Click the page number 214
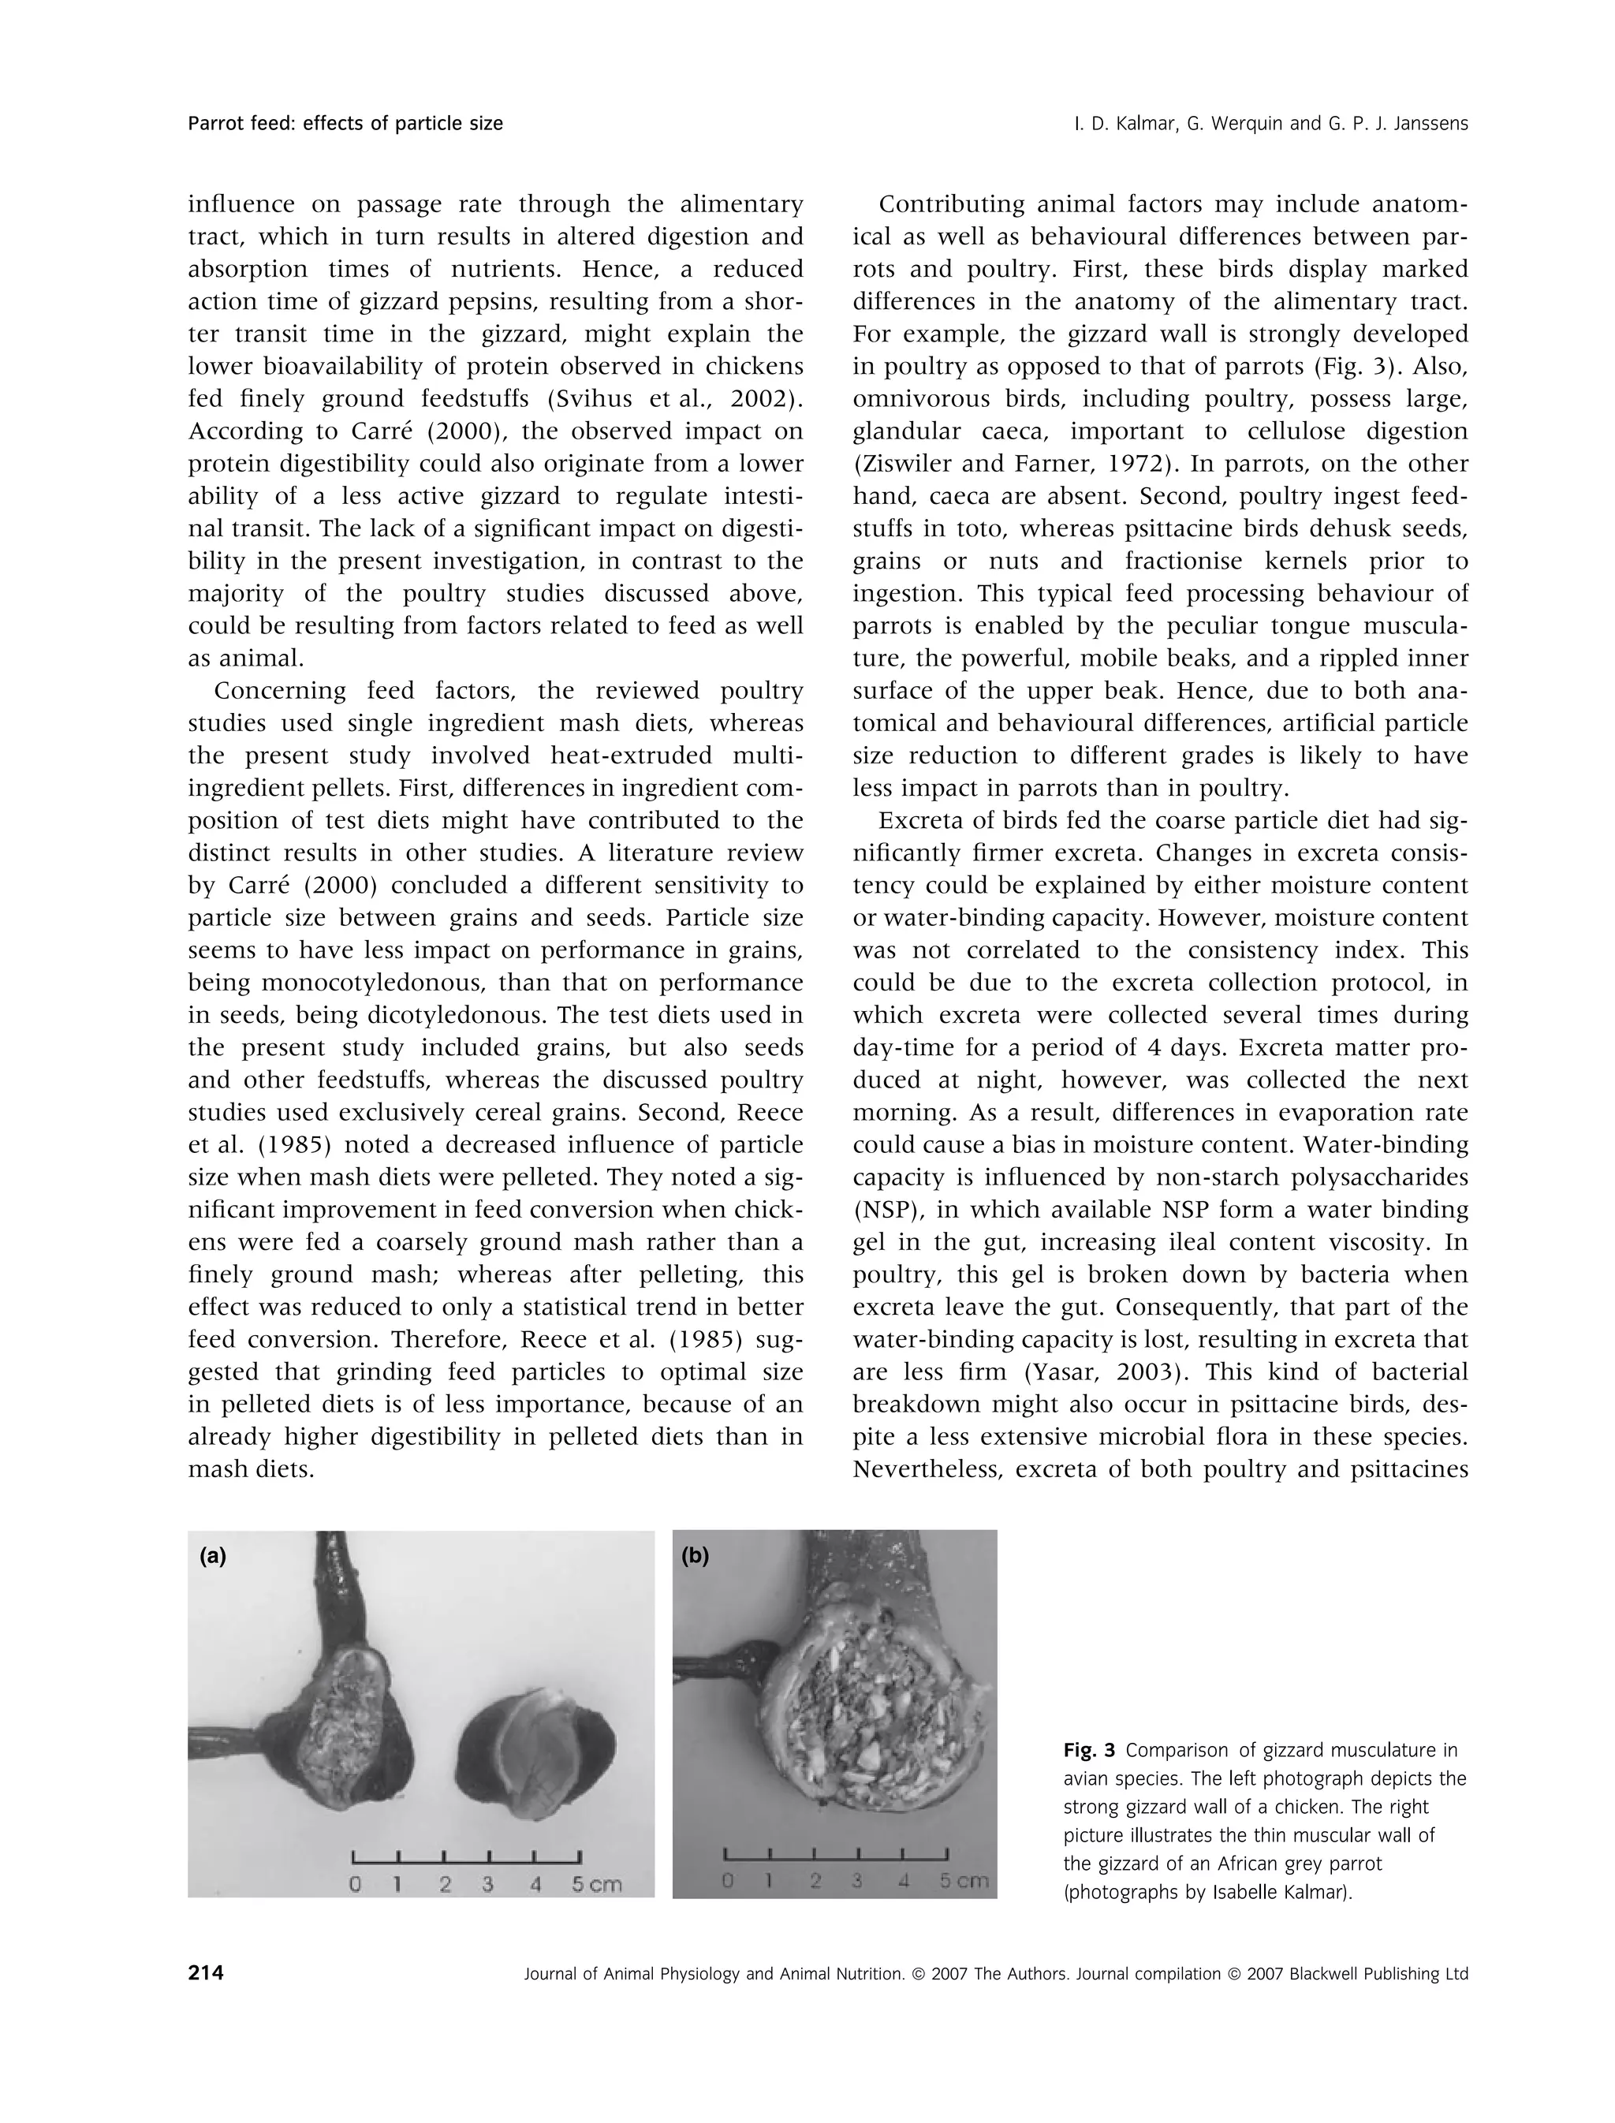click(x=206, y=1974)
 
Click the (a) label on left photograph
click(x=214, y=1557)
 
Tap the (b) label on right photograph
click(x=695, y=1556)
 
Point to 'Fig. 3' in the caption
click(x=1089, y=1750)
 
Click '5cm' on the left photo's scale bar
click(x=596, y=1886)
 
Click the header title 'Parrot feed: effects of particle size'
click(x=345, y=123)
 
